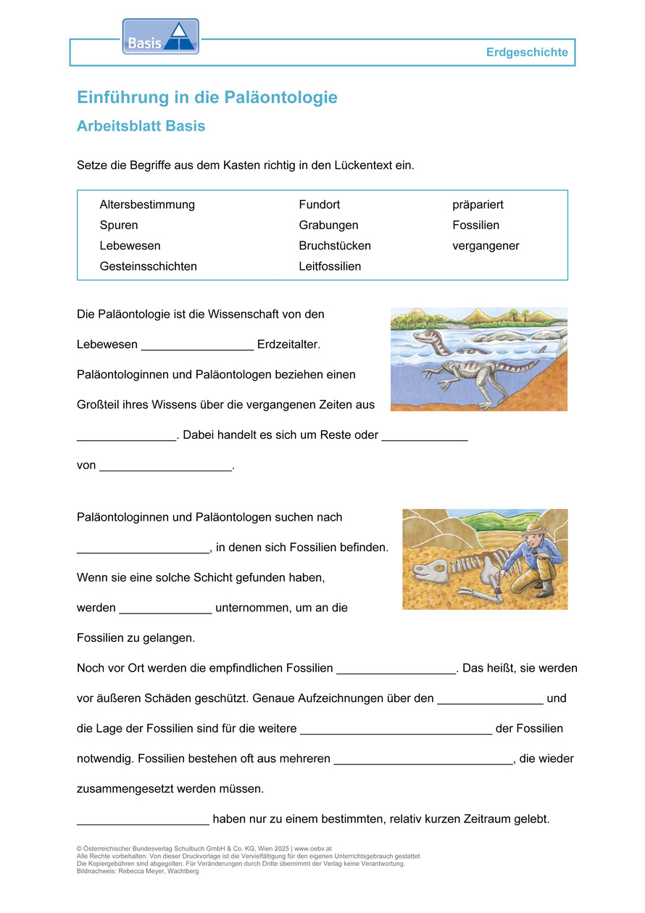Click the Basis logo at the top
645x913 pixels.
[160, 37]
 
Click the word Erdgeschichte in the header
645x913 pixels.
[527, 52]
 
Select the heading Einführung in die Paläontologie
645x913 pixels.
[207, 97]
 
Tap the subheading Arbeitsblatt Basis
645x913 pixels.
[141, 126]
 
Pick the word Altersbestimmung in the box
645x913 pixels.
[147, 205]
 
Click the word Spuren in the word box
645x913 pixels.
[119, 226]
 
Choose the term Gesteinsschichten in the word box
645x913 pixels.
[149, 266]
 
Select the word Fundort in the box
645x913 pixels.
[320, 205]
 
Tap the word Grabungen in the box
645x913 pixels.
[328, 226]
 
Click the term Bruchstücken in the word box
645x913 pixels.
[335, 246]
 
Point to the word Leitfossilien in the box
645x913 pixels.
[330, 266]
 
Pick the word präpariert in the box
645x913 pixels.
[478, 205]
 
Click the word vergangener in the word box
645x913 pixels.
[486, 246]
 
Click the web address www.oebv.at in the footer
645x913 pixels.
[313, 848]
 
